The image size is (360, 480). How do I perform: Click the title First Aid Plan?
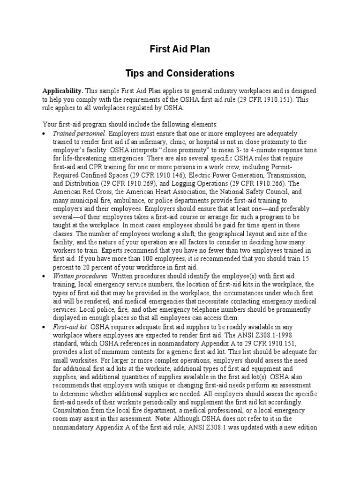click(180, 49)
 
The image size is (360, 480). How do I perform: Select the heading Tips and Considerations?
click(180, 74)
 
